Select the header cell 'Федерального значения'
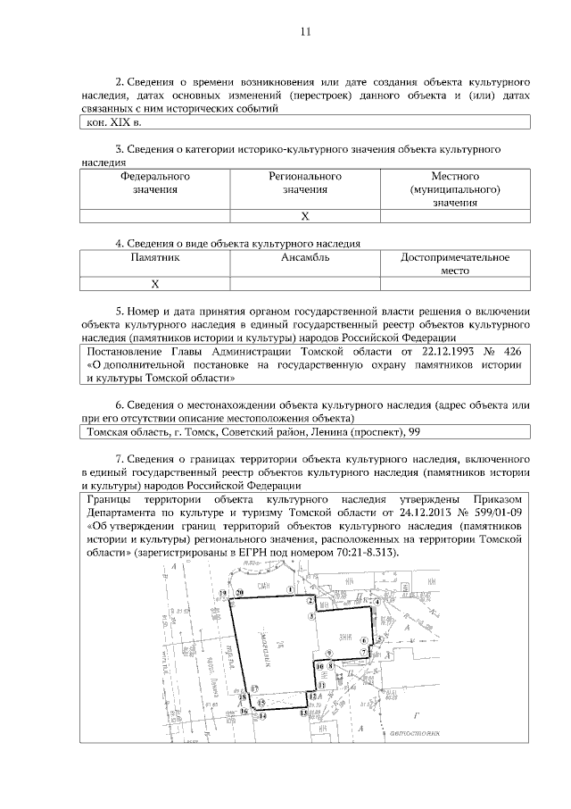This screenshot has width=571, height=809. pyautogui.click(x=155, y=182)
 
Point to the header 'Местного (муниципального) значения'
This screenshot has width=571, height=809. pyautogui.click(x=455, y=189)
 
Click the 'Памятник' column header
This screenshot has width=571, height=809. pyautogui.click(x=155, y=258)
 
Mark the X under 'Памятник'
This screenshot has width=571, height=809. pyautogui.click(x=154, y=284)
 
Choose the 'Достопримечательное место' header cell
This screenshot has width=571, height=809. pyautogui.click(x=455, y=264)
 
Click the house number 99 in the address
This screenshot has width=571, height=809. pyautogui.click(x=413, y=433)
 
